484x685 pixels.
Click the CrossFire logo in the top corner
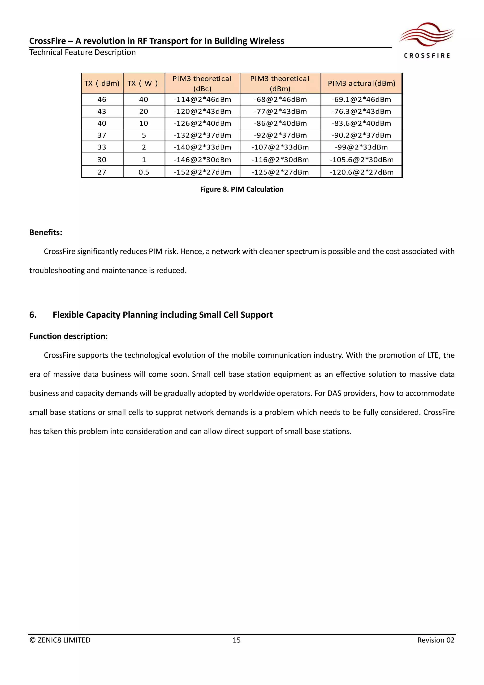pyautogui.click(x=427, y=40)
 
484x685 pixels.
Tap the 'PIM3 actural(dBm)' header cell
pyautogui.click(x=361, y=83)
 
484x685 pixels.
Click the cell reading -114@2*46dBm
pyautogui.click(x=202, y=99)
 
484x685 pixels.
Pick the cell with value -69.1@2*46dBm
pyautogui.click(x=361, y=99)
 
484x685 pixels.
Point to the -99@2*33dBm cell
pyautogui.click(x=361, y=147)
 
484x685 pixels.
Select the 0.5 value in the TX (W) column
pyautogui.click(x=144, y=172)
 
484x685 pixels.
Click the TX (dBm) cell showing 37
pyautogui.click(x=102, y=135)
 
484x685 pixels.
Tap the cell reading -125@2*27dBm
pyautogui.click(x=280, y=172)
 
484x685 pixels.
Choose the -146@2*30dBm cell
pyautogui.click(x=202, y=160)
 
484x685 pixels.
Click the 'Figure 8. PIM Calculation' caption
pyautogui.click(x=242, y=189)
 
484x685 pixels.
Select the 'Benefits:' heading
pyautogui.click(x=46, y=233)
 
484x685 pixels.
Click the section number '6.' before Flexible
pyautogui.click(x=33, y=315)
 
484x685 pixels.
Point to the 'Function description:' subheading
pyautogui.click(x=68, y=336)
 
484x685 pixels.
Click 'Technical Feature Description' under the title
pyautogui.click(x=82, y=52)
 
